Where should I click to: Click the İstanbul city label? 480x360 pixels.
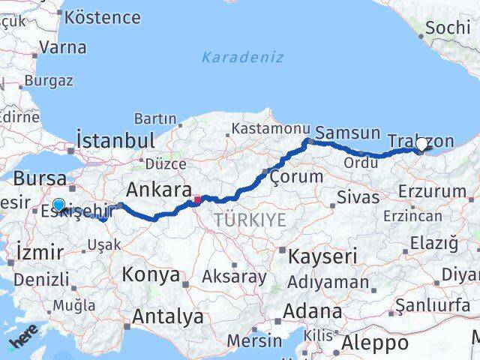point(115,139)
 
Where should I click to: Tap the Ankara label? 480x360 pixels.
point(160,188)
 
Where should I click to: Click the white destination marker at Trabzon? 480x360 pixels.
point(421,145)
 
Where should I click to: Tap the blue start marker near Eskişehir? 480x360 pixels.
point(58,204)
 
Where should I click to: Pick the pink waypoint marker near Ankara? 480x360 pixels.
point(197,199)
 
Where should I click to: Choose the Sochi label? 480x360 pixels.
point(447,28)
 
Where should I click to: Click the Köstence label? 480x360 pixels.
point(103,16)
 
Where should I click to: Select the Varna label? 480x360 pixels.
point(62,47)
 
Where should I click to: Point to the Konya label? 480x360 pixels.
point(151,274)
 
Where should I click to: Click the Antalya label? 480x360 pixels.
point(167,316)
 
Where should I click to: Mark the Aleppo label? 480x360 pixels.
point(375,343)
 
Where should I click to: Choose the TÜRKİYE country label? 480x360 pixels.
point(250,219)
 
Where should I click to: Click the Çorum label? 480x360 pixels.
point(296,177)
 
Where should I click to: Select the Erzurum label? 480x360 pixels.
point(432,191)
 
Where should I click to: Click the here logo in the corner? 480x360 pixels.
point(22,342)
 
